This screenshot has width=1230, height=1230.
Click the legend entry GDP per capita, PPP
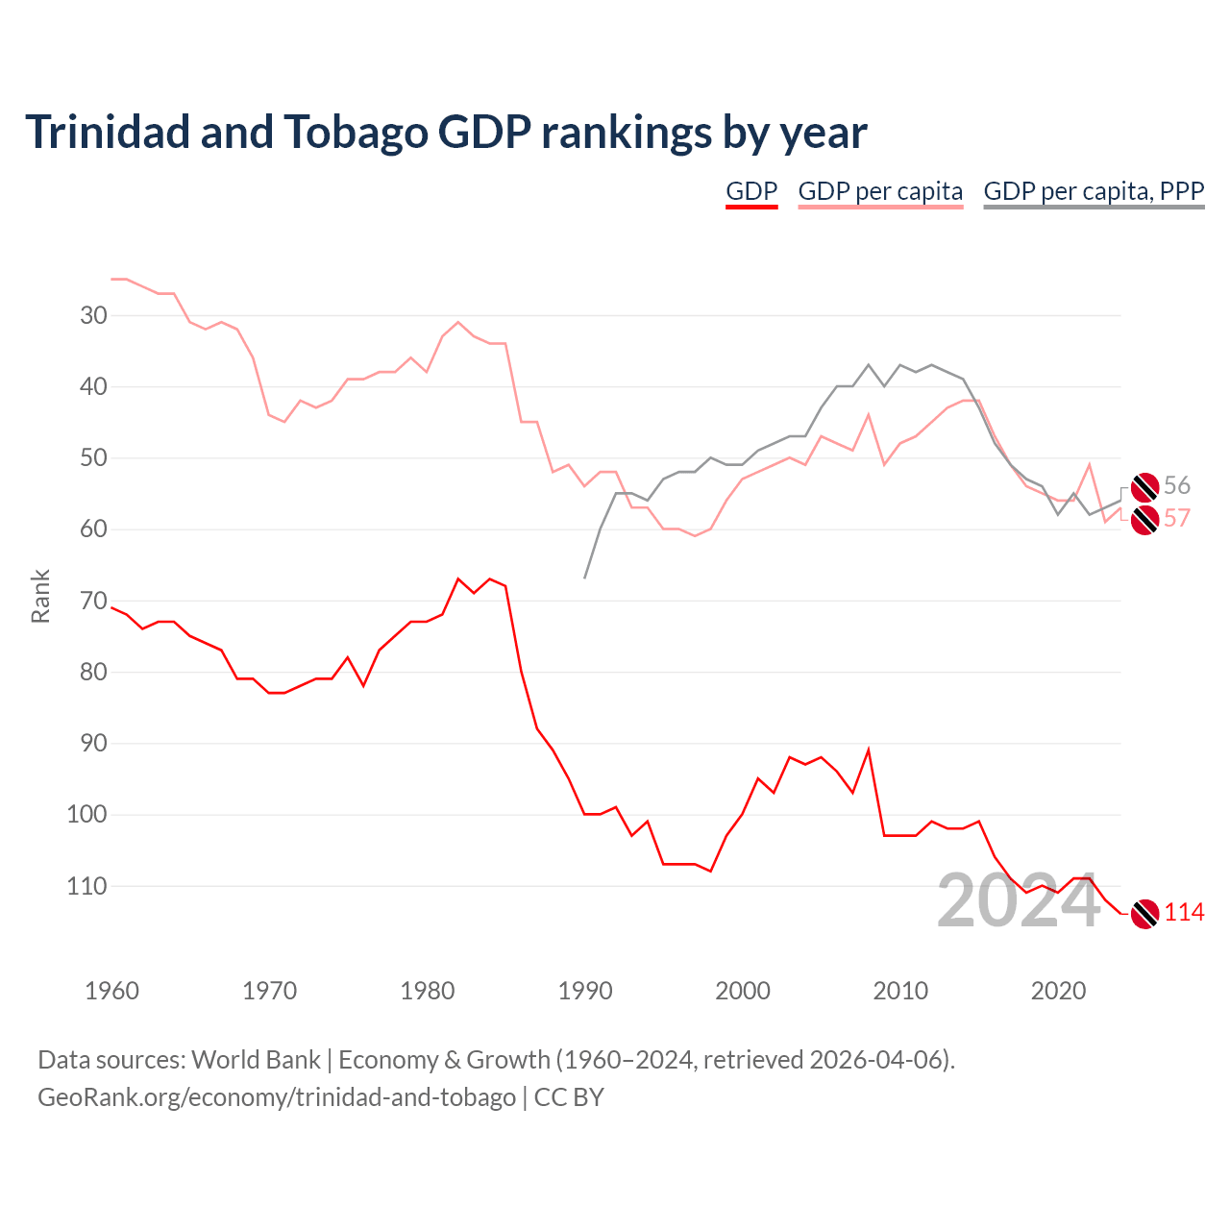[x=1094, y=191]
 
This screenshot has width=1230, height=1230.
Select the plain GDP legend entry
[x=751, y=191]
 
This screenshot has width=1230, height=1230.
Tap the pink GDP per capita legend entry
[x=880, y=191]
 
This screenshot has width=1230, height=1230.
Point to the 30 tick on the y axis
[x=94, y=315]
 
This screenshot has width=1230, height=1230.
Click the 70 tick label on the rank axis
[x=94, y=602]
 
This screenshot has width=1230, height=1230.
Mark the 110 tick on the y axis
[x=87, y=886]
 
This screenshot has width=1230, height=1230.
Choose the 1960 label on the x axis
[x=112, y=991]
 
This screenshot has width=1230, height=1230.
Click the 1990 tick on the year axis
[x=585, y=991]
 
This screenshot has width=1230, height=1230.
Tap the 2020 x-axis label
[x=1058, y=991]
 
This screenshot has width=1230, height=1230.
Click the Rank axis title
[x=40, y=597]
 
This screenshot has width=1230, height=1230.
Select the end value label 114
[x=1184, y=913]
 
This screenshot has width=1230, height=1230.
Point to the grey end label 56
[x=1177, y=485]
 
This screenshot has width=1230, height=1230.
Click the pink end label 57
[x=1177, y=519]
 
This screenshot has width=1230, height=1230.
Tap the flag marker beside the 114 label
[x=1144, y=914]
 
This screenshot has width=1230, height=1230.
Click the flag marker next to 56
[x=1144, y=487]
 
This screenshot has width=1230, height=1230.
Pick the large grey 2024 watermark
[x=1019, y=901]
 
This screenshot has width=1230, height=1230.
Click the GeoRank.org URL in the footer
[x=277, y=1097]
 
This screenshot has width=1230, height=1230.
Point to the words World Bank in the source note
[x=256, y=1060]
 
